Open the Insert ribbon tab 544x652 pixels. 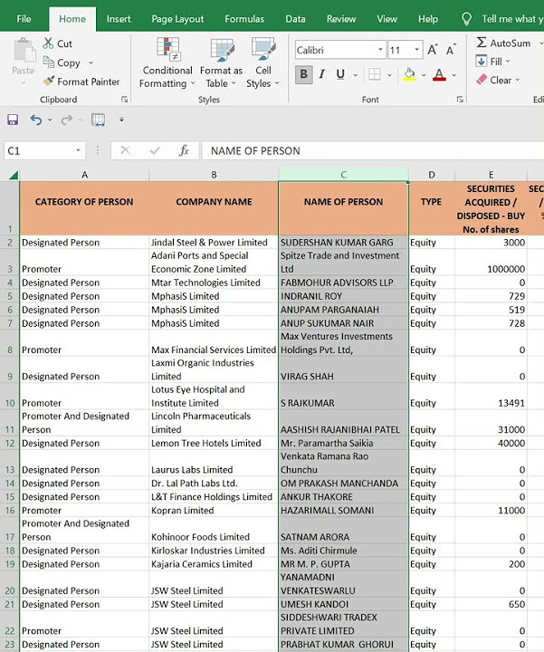tap(119, 19)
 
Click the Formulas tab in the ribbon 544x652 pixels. tap(244, 19)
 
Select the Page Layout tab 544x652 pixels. tap(177, 19)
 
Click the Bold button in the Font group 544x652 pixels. tap(303, 74)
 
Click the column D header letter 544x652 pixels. tap(432, 175)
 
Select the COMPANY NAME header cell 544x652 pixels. tap(214, 202)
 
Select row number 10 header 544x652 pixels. tap(9, 403)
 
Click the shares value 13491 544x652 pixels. tap(507, 403)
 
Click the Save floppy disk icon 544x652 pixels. tap(13, 120)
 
